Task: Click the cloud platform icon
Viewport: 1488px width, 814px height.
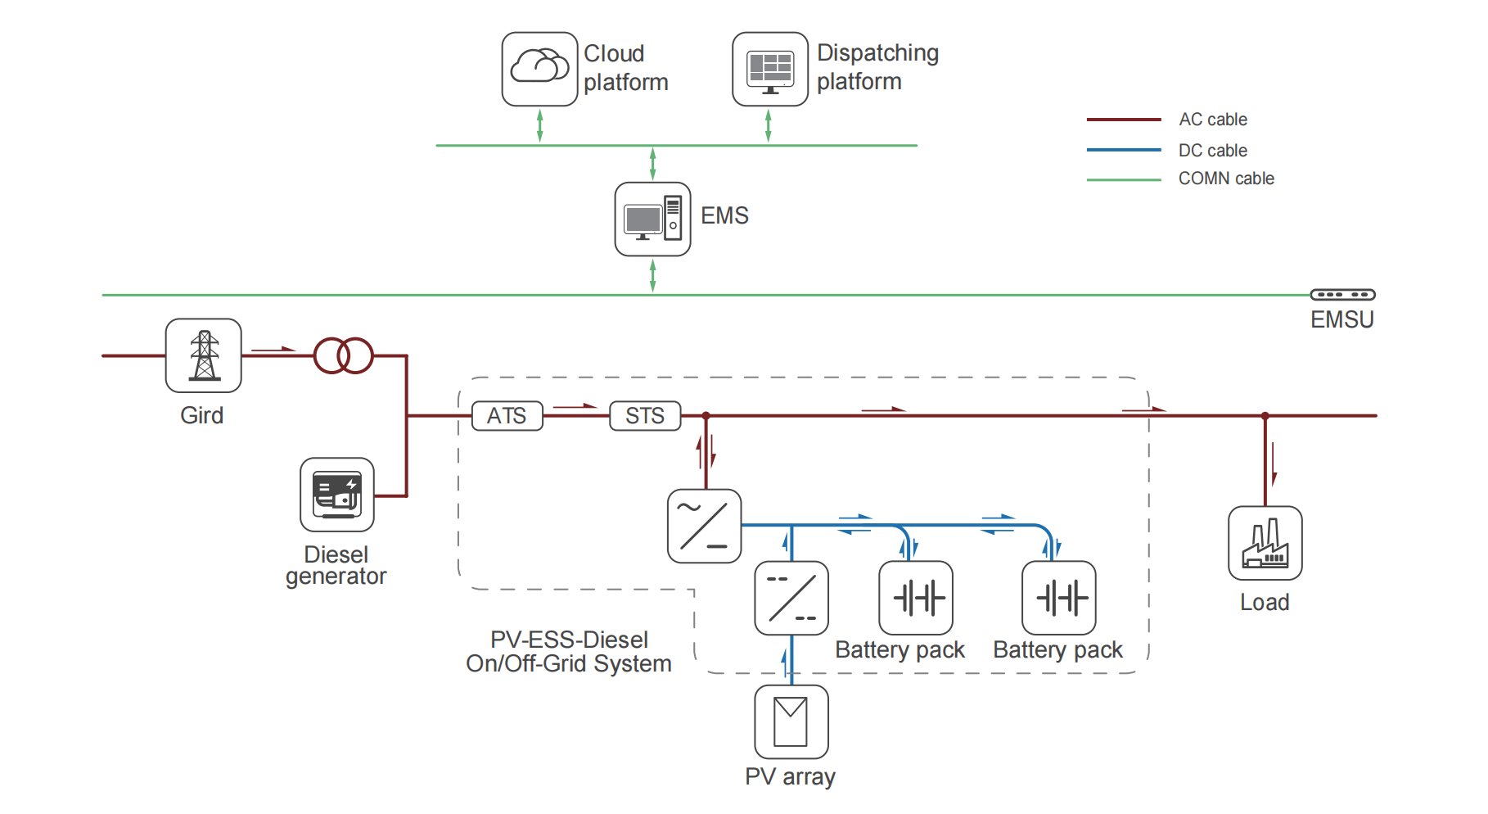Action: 539,69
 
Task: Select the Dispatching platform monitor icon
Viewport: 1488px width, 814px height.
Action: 769,69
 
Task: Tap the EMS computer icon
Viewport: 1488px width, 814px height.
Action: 652,219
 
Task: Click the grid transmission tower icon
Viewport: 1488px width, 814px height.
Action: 203,355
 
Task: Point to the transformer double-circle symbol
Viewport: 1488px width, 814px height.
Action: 344,355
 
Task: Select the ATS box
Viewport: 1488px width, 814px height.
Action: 507,416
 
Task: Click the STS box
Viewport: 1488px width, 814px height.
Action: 645,416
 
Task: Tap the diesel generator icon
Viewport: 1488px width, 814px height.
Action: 336,495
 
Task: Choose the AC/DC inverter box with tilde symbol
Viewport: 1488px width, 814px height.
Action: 704,526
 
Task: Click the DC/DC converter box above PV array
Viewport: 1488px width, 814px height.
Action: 791,598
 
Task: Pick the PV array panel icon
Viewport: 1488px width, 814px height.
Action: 791,721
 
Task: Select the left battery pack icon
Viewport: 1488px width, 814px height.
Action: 915,598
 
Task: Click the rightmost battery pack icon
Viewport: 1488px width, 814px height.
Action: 1058,598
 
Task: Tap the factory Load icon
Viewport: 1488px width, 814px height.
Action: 1265,543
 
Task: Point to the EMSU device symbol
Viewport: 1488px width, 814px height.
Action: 1342,295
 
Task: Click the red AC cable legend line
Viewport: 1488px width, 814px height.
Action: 1123,120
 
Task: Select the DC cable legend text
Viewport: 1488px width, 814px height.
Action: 1212,151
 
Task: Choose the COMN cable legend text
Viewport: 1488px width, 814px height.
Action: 1225,179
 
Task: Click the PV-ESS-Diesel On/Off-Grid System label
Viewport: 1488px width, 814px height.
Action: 569,652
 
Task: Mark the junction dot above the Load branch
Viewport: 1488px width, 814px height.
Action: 1265,416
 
